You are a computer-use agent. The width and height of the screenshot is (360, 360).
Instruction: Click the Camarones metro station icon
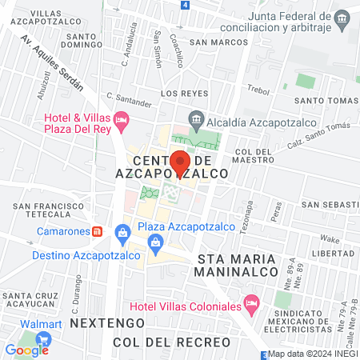[97, 231]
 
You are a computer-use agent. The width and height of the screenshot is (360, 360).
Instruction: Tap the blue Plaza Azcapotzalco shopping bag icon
[122, 232]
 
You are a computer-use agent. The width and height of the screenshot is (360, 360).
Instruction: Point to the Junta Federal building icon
[342, 17]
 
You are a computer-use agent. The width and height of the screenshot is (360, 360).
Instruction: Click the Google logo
[26, 350]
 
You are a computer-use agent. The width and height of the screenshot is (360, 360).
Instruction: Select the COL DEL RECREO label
[171, 342]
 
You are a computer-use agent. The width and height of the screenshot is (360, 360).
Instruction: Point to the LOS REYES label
[178, 94]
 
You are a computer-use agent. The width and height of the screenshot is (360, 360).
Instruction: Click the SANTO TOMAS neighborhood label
[325, 100]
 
